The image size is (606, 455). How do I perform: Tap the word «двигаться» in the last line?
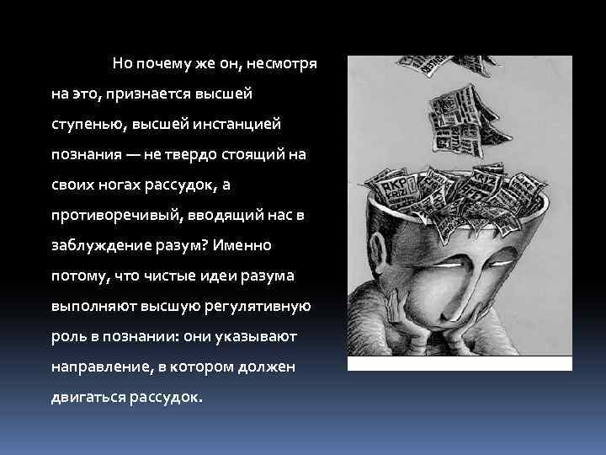[x=87, y=398]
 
